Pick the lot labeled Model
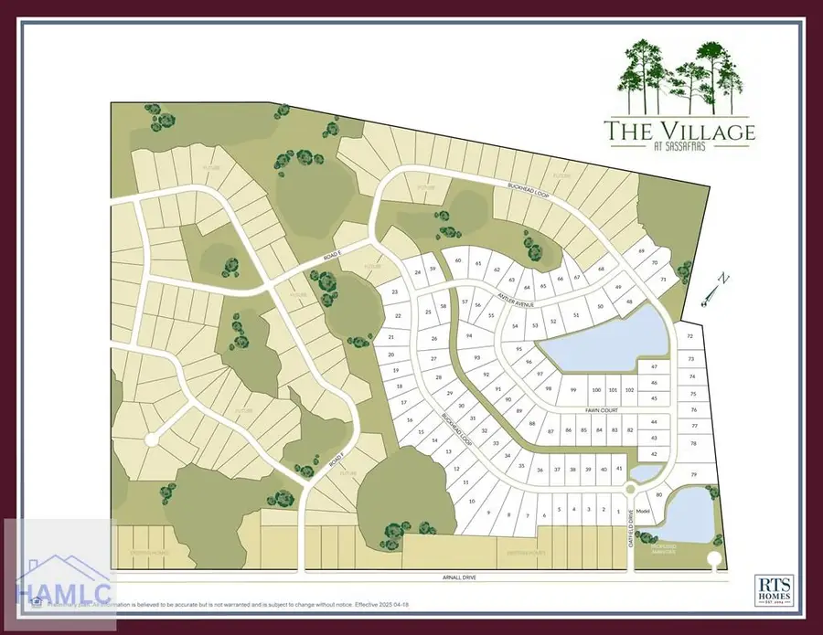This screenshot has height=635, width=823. (x=642, y=511)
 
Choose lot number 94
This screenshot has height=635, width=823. (x=469, y=336)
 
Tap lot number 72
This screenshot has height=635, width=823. (x=690, y=335)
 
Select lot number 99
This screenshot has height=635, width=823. (x=573, y=390)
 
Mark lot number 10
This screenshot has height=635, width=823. (x=472, y=502)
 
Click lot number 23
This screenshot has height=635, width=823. (x=395, y=291)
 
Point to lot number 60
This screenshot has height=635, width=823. (x=458, y=261)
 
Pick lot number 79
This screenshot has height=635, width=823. (x=694, y=474)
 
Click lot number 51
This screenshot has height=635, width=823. (x=576, y=315)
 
